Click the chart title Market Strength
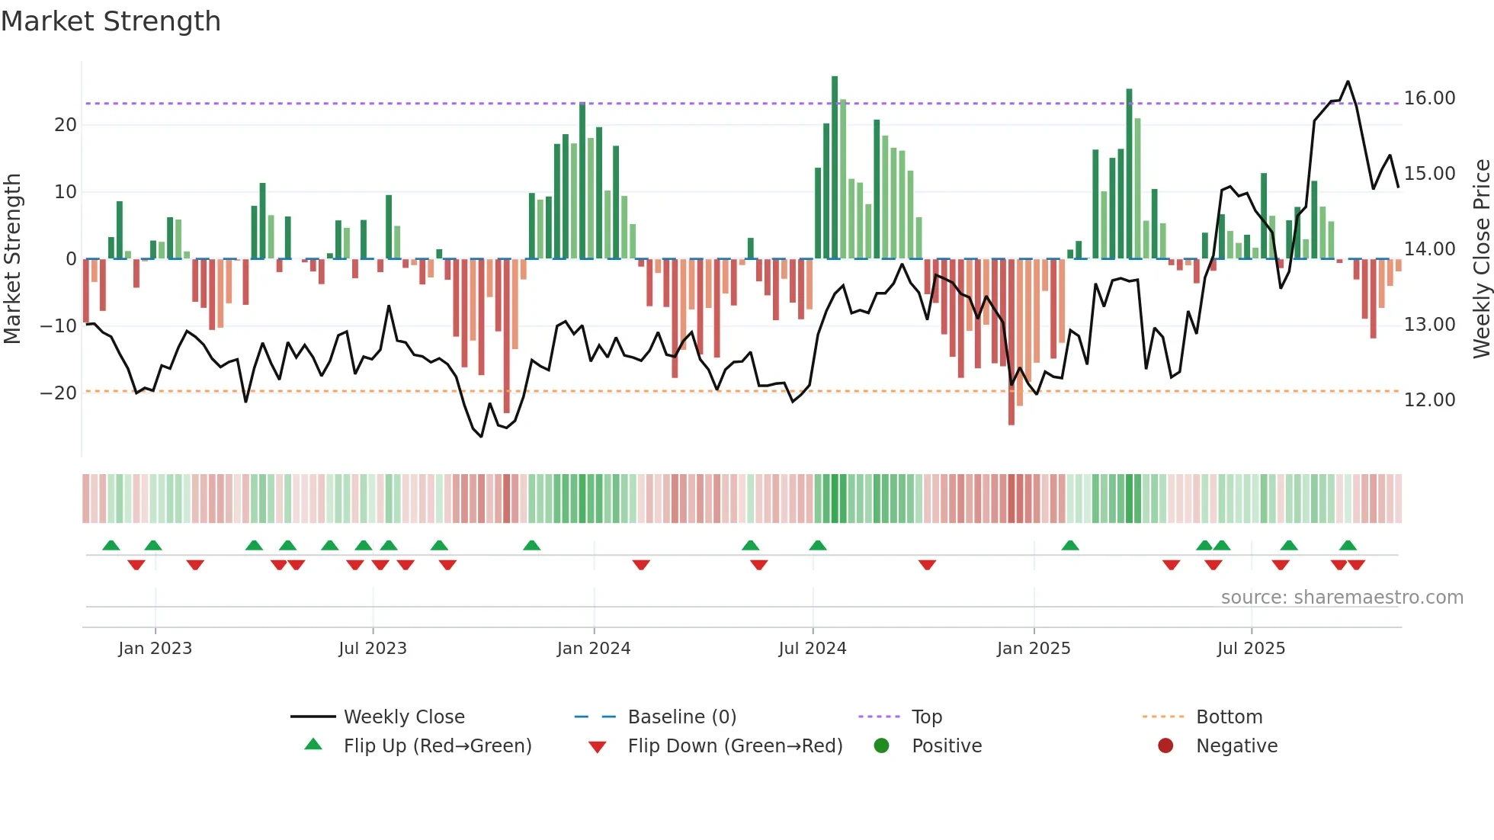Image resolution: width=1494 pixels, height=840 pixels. pyautogui.click(x=111, y=21)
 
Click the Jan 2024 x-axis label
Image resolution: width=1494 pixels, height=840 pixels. pyautogui.click(x=594, y=649)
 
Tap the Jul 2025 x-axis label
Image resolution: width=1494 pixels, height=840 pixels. pyautogui.click(x=1251, y=649)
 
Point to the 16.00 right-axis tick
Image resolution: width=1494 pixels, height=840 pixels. pyautogui.click(x=1429, y=98)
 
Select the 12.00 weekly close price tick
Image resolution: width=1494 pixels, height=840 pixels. pyautogui.click(x=1429, y=400)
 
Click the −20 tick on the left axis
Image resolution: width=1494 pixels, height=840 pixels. pyautogui.click(x=59, y=393)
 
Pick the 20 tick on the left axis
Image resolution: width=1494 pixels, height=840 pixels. pyautogui.click(x=66, y=125)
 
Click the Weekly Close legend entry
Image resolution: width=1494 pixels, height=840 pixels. pyautogui.click(x=403, y=717)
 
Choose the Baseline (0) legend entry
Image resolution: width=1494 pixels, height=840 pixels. pyautogui.click(x=681, y=717)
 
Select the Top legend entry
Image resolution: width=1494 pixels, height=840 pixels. pyautogui.click(x=926, y=717)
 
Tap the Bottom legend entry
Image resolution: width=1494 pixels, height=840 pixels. pyautogui.click(x=1229, y=717)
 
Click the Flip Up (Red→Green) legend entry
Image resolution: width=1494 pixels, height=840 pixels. pyautogui.click(x=437, y=746)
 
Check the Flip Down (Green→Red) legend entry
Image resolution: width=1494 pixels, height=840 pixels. pyautogui.click(x=735, y=746)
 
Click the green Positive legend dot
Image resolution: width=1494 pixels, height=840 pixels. pyautogui.click(x=882, y=746)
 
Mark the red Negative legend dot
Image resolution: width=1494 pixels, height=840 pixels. pyautogui.click(x=1165, y=746)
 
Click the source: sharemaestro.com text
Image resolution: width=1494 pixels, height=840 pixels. pyautogui.click(x=1342, y=598)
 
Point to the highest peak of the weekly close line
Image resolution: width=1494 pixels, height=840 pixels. pyautogui.click(x=1348, y=82)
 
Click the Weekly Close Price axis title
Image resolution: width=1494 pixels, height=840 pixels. pyautogui.click(x=1481, y=259)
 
